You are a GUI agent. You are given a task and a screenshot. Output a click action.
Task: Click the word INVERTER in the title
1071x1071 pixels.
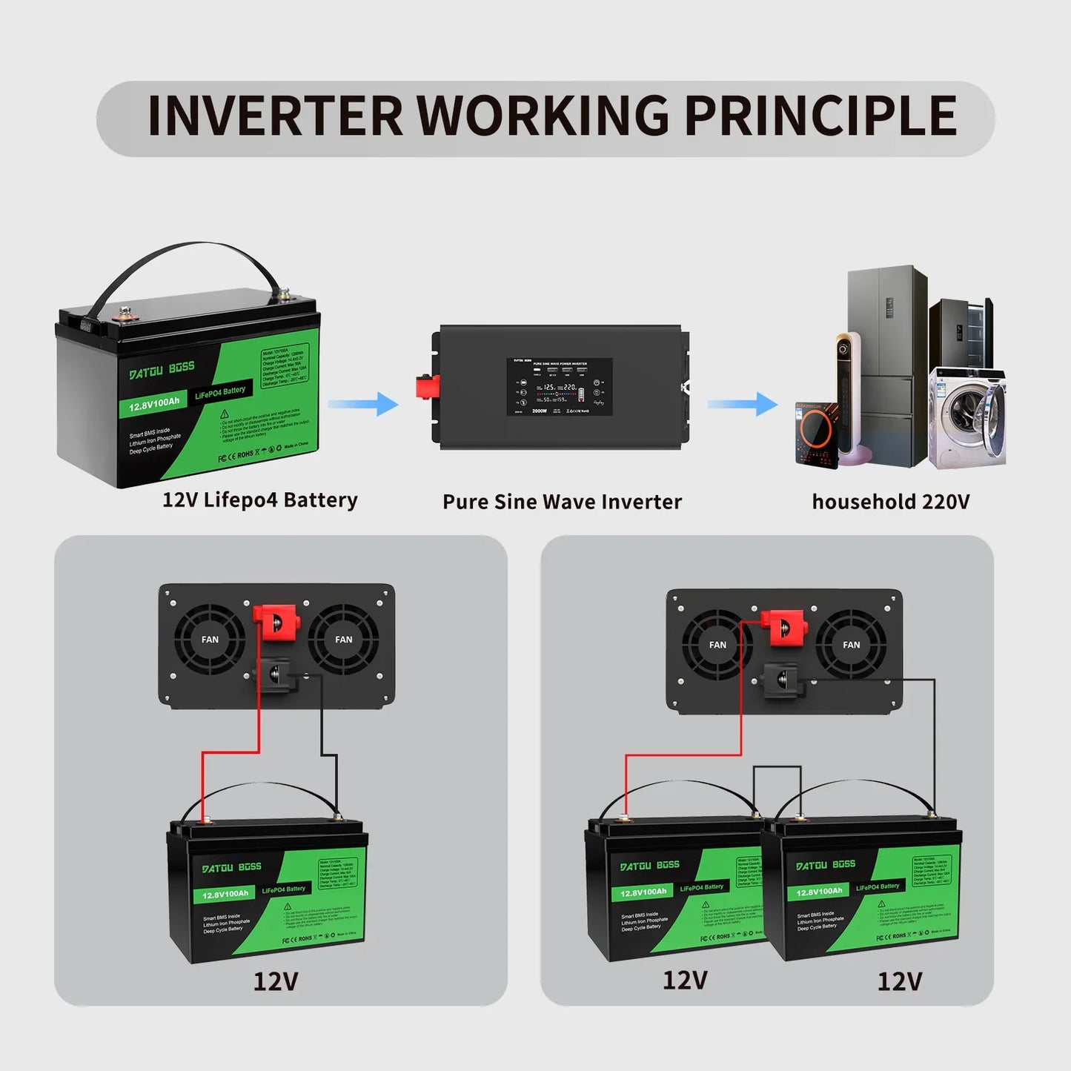(274, 116)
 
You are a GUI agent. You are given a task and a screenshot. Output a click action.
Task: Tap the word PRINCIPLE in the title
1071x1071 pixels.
(820, 116)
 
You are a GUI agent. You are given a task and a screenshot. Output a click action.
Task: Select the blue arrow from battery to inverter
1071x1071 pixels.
(364, 404)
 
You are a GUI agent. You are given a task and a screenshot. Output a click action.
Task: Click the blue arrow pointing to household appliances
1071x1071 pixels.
(743, 404)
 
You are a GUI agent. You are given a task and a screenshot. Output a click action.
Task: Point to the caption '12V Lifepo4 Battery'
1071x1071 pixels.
(259, 500)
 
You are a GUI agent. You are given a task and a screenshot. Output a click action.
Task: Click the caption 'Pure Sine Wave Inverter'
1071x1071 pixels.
(562, 502)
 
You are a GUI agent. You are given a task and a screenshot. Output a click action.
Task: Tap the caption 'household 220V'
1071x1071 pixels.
(890, 502)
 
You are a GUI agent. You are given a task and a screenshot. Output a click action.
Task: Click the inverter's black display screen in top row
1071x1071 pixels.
(560, 386)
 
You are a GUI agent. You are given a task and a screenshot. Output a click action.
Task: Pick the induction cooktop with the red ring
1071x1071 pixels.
(817, 434)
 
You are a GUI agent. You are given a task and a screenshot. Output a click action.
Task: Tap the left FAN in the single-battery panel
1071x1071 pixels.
(210, 639)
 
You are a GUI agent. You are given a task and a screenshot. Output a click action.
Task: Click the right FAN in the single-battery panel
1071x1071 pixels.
(343, 639)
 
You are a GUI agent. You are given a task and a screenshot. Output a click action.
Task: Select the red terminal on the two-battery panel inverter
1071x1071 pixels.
(784, 627)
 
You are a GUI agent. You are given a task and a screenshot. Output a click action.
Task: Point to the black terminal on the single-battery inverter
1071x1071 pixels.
(275, 674)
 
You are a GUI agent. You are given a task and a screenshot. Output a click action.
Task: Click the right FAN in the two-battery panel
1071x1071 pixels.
(851, 645)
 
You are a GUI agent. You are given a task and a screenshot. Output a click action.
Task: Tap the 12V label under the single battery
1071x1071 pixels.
(276, 981)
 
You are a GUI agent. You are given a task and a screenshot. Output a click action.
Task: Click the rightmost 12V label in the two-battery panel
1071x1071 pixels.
(899, 981)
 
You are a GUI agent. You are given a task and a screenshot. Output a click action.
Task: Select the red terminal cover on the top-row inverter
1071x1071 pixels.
(428, 386)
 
